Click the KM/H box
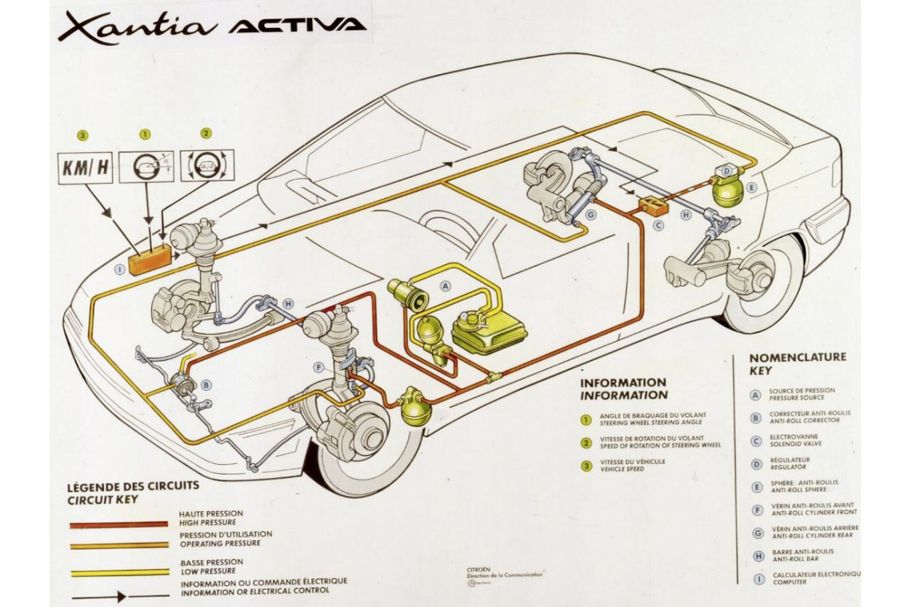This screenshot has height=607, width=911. [x=85, y=167]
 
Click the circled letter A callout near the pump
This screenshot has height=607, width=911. [x=446, y=286]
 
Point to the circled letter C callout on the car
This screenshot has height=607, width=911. [x=658, y=226]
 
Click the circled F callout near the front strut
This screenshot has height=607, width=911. [x=318, y=368]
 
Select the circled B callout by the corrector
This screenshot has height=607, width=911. [x=207, y=385]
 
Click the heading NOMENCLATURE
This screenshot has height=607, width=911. [x=798, y=357]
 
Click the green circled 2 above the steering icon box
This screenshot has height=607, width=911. [x=206, y=133]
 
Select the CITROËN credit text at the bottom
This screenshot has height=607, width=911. [x=478, y=570]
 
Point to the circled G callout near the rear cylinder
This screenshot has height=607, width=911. [x=590, y=212]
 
